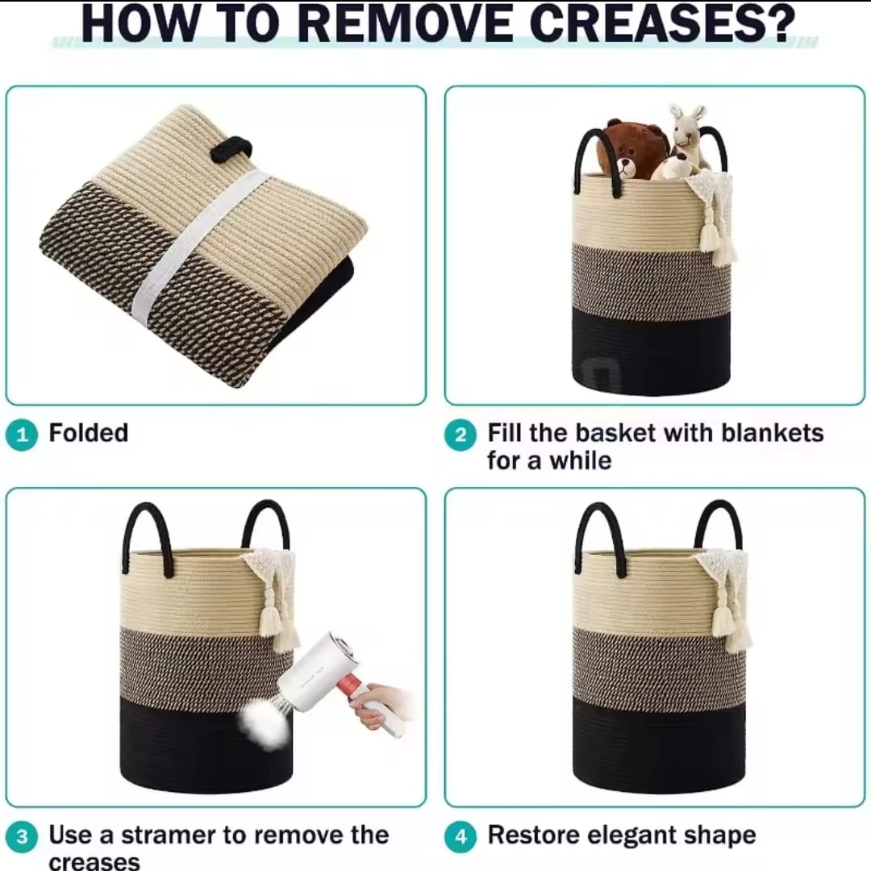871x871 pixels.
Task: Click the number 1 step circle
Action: tap(22, 435)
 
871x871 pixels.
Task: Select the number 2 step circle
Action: tap(461, 435)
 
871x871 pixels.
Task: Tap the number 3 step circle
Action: tap(22, 836)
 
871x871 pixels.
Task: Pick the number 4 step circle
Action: tap(461, 836)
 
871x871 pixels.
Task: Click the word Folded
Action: tap(89, 433)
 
